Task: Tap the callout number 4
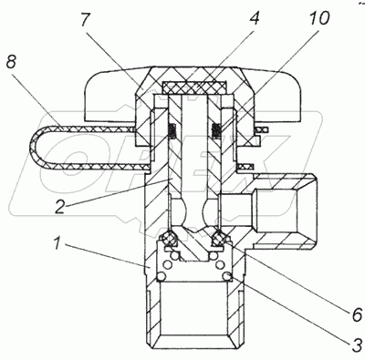point(254,18)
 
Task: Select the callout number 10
point(318,18)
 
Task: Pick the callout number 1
point(57,243)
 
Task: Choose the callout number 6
point(357,314)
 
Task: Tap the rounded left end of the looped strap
point(35,149)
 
